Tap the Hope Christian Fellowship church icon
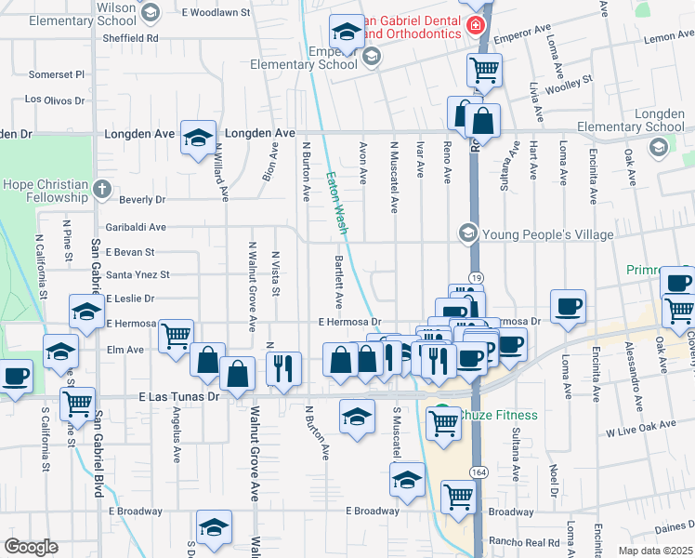point(102,192)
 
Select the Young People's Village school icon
point(467,232)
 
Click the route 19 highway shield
point(474,277)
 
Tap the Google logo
point(30,547)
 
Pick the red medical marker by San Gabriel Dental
point(477,25)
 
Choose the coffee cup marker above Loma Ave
point(568,305)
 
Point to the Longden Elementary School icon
point(659,147)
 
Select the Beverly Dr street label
point(142,199)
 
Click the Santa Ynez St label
point(138,275)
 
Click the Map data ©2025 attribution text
point(655,551)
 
